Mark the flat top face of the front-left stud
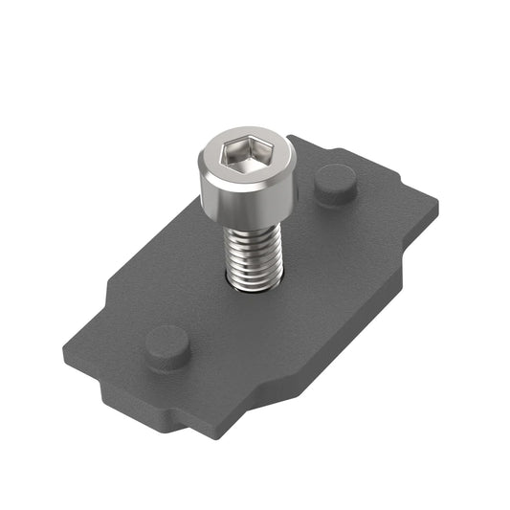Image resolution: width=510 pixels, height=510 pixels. [x=167, y=340]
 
